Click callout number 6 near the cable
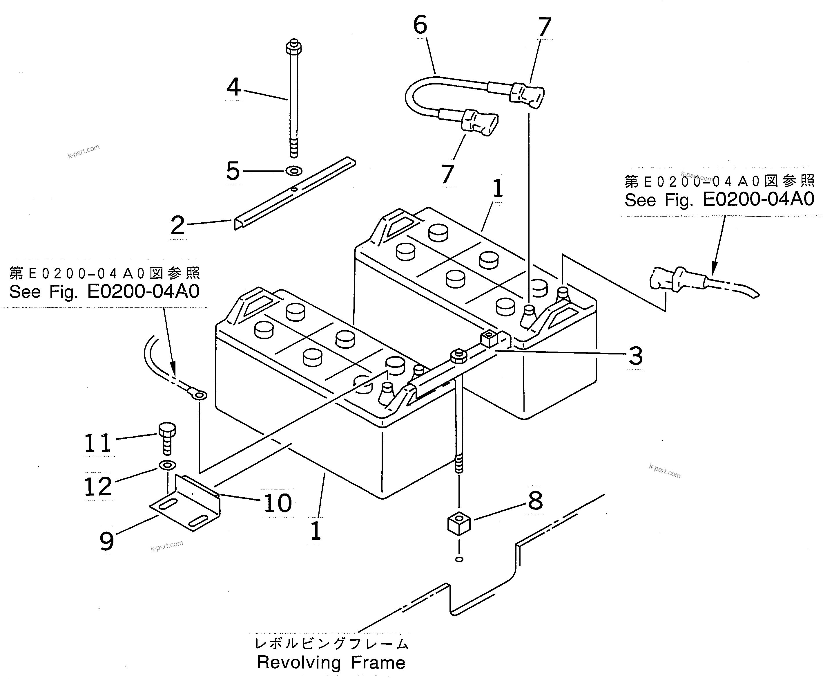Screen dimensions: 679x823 420,26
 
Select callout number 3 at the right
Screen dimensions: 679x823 635,356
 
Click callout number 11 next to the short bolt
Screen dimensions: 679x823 98,444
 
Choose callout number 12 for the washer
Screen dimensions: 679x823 98,487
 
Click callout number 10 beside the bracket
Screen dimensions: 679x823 278,503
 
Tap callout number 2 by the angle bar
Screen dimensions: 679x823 177,226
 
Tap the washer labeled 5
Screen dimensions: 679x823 294,171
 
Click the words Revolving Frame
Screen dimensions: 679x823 331,662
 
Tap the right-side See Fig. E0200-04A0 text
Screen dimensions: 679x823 719,200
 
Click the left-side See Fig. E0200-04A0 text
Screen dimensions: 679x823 104,292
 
